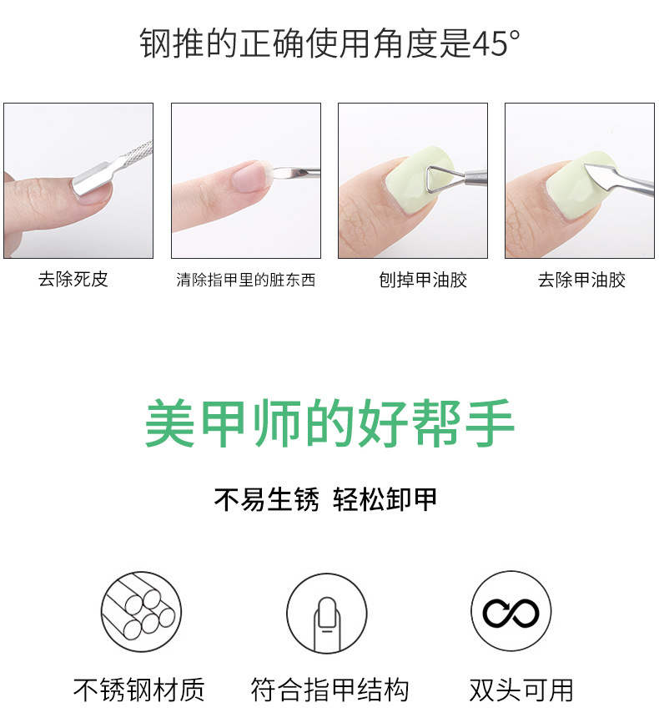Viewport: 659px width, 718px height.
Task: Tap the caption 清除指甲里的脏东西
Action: click(x=245, y=280)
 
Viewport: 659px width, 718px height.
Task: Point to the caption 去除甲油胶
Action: click(x=581, y=280)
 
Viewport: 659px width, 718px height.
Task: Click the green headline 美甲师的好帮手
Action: click(x=329, y=424)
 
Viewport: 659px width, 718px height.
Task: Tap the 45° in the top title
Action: click(x=497, y=43)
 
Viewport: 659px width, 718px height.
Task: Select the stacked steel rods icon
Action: click(x=141, y=612)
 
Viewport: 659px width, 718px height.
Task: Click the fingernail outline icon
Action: click(x=327, y=614)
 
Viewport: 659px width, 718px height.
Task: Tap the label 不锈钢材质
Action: click(x=138, y=690)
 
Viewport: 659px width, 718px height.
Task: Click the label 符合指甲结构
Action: click(x=329, y=690)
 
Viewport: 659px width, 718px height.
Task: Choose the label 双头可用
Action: click(x=521, y=690)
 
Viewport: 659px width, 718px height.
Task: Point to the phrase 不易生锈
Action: click(x=267, y=500)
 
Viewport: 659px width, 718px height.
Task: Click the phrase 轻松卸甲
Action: click(x=385, y=500)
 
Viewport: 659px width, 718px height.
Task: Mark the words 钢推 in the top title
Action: click(x=158, y=43)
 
